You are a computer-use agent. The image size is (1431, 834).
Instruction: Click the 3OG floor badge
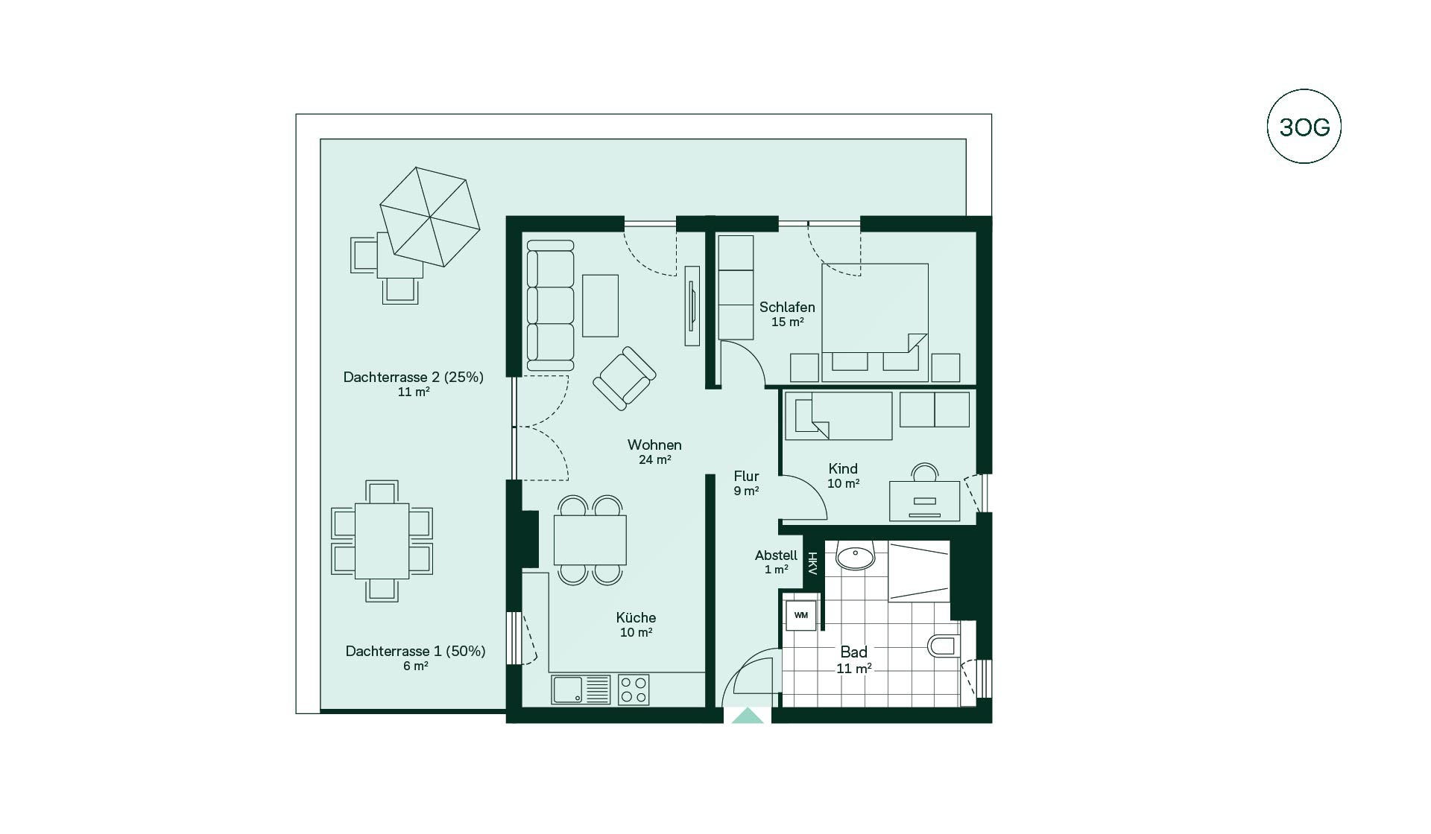1304,127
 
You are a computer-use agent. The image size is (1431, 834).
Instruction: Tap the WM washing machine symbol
801,615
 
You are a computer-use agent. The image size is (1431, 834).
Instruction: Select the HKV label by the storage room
812,564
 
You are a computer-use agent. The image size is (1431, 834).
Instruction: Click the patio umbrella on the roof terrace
429,216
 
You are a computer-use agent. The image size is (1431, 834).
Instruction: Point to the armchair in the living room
625,378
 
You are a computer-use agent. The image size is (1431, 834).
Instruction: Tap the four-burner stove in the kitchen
634,689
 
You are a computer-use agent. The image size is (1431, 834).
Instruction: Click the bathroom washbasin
855,555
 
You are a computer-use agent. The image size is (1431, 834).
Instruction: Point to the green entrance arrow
748,716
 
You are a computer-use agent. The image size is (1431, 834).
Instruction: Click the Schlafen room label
787,307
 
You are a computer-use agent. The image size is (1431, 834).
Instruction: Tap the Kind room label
843,468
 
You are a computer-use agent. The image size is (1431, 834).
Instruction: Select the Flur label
746,476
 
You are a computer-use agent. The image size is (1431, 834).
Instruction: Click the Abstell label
776,556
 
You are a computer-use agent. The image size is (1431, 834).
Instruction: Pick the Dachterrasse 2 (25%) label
413,377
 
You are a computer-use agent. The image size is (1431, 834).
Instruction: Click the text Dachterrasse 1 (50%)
415,651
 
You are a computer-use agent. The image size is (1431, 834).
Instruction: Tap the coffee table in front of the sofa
600,305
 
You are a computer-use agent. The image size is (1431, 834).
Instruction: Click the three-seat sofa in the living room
550,305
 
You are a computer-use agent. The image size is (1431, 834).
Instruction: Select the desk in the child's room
924,501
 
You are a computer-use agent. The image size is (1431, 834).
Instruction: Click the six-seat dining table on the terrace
382,541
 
